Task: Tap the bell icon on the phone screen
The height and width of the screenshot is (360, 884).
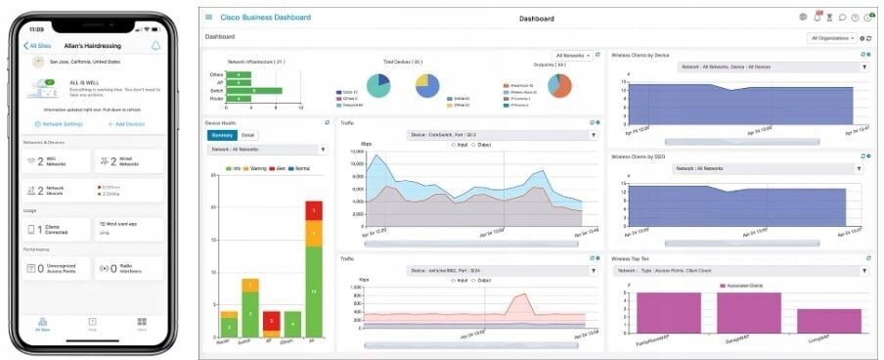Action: (155, 45)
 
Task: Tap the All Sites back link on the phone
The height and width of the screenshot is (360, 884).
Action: (40, 46)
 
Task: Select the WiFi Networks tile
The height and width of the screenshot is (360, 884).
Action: (57, 161)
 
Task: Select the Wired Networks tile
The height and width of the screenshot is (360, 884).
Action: (127, 161)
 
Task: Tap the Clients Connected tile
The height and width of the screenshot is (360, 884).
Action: (57, 229)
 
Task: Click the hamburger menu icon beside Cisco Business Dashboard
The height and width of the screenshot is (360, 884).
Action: (208, 18)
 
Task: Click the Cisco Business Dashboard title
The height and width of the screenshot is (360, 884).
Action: (265, 18)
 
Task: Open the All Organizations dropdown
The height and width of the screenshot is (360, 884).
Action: (833, 38)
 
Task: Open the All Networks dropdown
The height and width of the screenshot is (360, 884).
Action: (572, 56)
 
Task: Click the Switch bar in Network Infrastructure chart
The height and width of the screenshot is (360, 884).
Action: (254, 91)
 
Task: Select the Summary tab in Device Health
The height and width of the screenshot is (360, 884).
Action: (222, 135)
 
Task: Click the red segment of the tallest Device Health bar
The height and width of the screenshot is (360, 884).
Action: (313, 210)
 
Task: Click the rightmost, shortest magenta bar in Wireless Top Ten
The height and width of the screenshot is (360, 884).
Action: (828, 321)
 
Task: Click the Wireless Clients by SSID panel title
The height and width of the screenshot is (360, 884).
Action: (645, 156)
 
